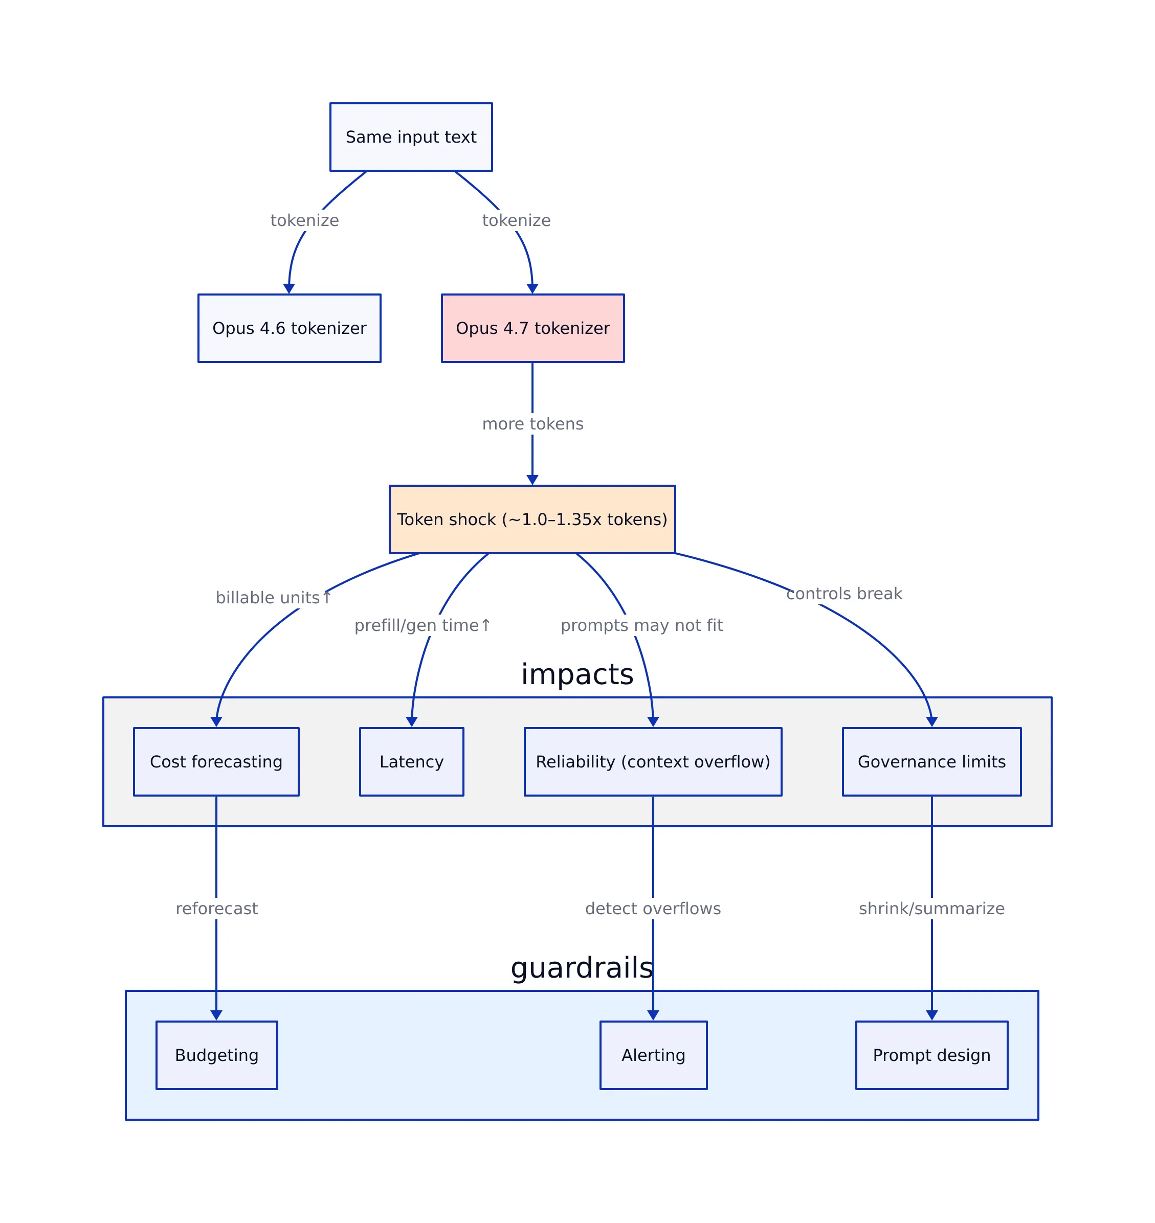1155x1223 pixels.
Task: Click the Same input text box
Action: click(411, 137)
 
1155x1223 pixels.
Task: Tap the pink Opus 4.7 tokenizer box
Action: click(532, 328)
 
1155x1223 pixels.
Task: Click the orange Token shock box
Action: click(532, 519)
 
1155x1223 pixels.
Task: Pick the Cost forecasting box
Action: click(216, 762)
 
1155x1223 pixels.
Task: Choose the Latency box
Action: click(411, 762)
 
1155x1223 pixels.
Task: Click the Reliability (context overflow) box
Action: click(653, 762)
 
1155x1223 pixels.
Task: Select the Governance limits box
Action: click(931, 762)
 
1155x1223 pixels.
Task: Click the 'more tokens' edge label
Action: click(532, 424)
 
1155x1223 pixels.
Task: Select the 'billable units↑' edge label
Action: click(273, 598)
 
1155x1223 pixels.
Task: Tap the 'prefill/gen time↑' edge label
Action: click(423, 625)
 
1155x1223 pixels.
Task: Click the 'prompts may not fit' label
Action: click(641, 625)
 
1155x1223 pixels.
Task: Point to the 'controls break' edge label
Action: click(843, 594)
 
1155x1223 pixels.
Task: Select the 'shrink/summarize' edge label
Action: click(931, 909)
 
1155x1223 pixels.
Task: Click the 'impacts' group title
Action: click(577, 674)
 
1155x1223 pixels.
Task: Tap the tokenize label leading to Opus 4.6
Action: click(304, 220)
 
